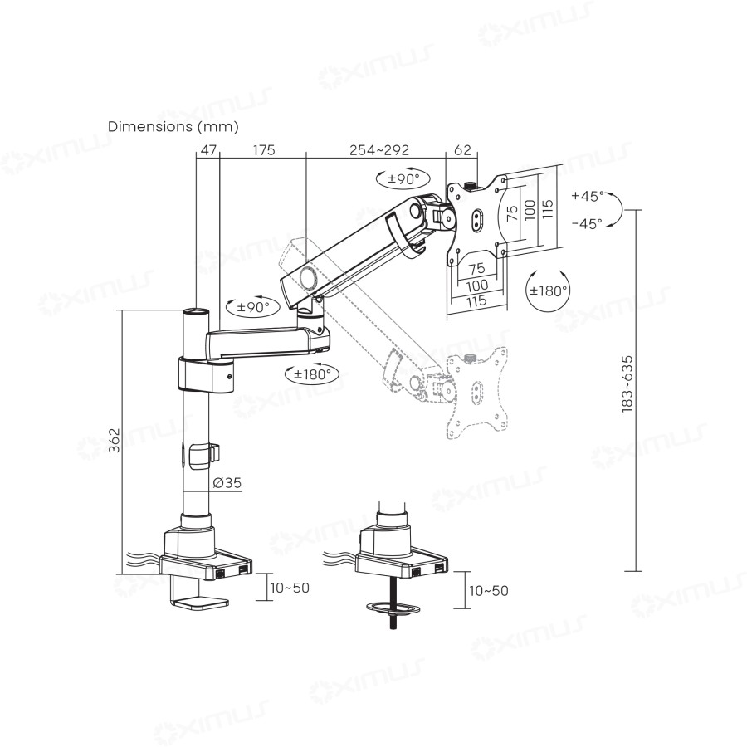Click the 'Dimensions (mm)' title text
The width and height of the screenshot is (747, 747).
pos(173,127)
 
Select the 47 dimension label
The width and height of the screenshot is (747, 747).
pos(207,150)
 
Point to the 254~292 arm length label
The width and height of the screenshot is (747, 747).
pos(379,150)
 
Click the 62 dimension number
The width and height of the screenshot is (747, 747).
pos(462,150)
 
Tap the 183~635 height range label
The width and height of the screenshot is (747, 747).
pos(627,383)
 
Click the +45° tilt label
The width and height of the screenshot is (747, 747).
pos(587,197)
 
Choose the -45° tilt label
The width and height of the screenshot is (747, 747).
pos(587,222)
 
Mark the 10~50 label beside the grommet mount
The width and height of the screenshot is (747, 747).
pos(489,590)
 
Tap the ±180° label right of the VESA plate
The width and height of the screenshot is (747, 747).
pos(549,290)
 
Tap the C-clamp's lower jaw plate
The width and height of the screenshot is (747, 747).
pos(201,603)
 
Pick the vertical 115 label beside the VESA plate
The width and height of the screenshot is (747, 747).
pos(546,208)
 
